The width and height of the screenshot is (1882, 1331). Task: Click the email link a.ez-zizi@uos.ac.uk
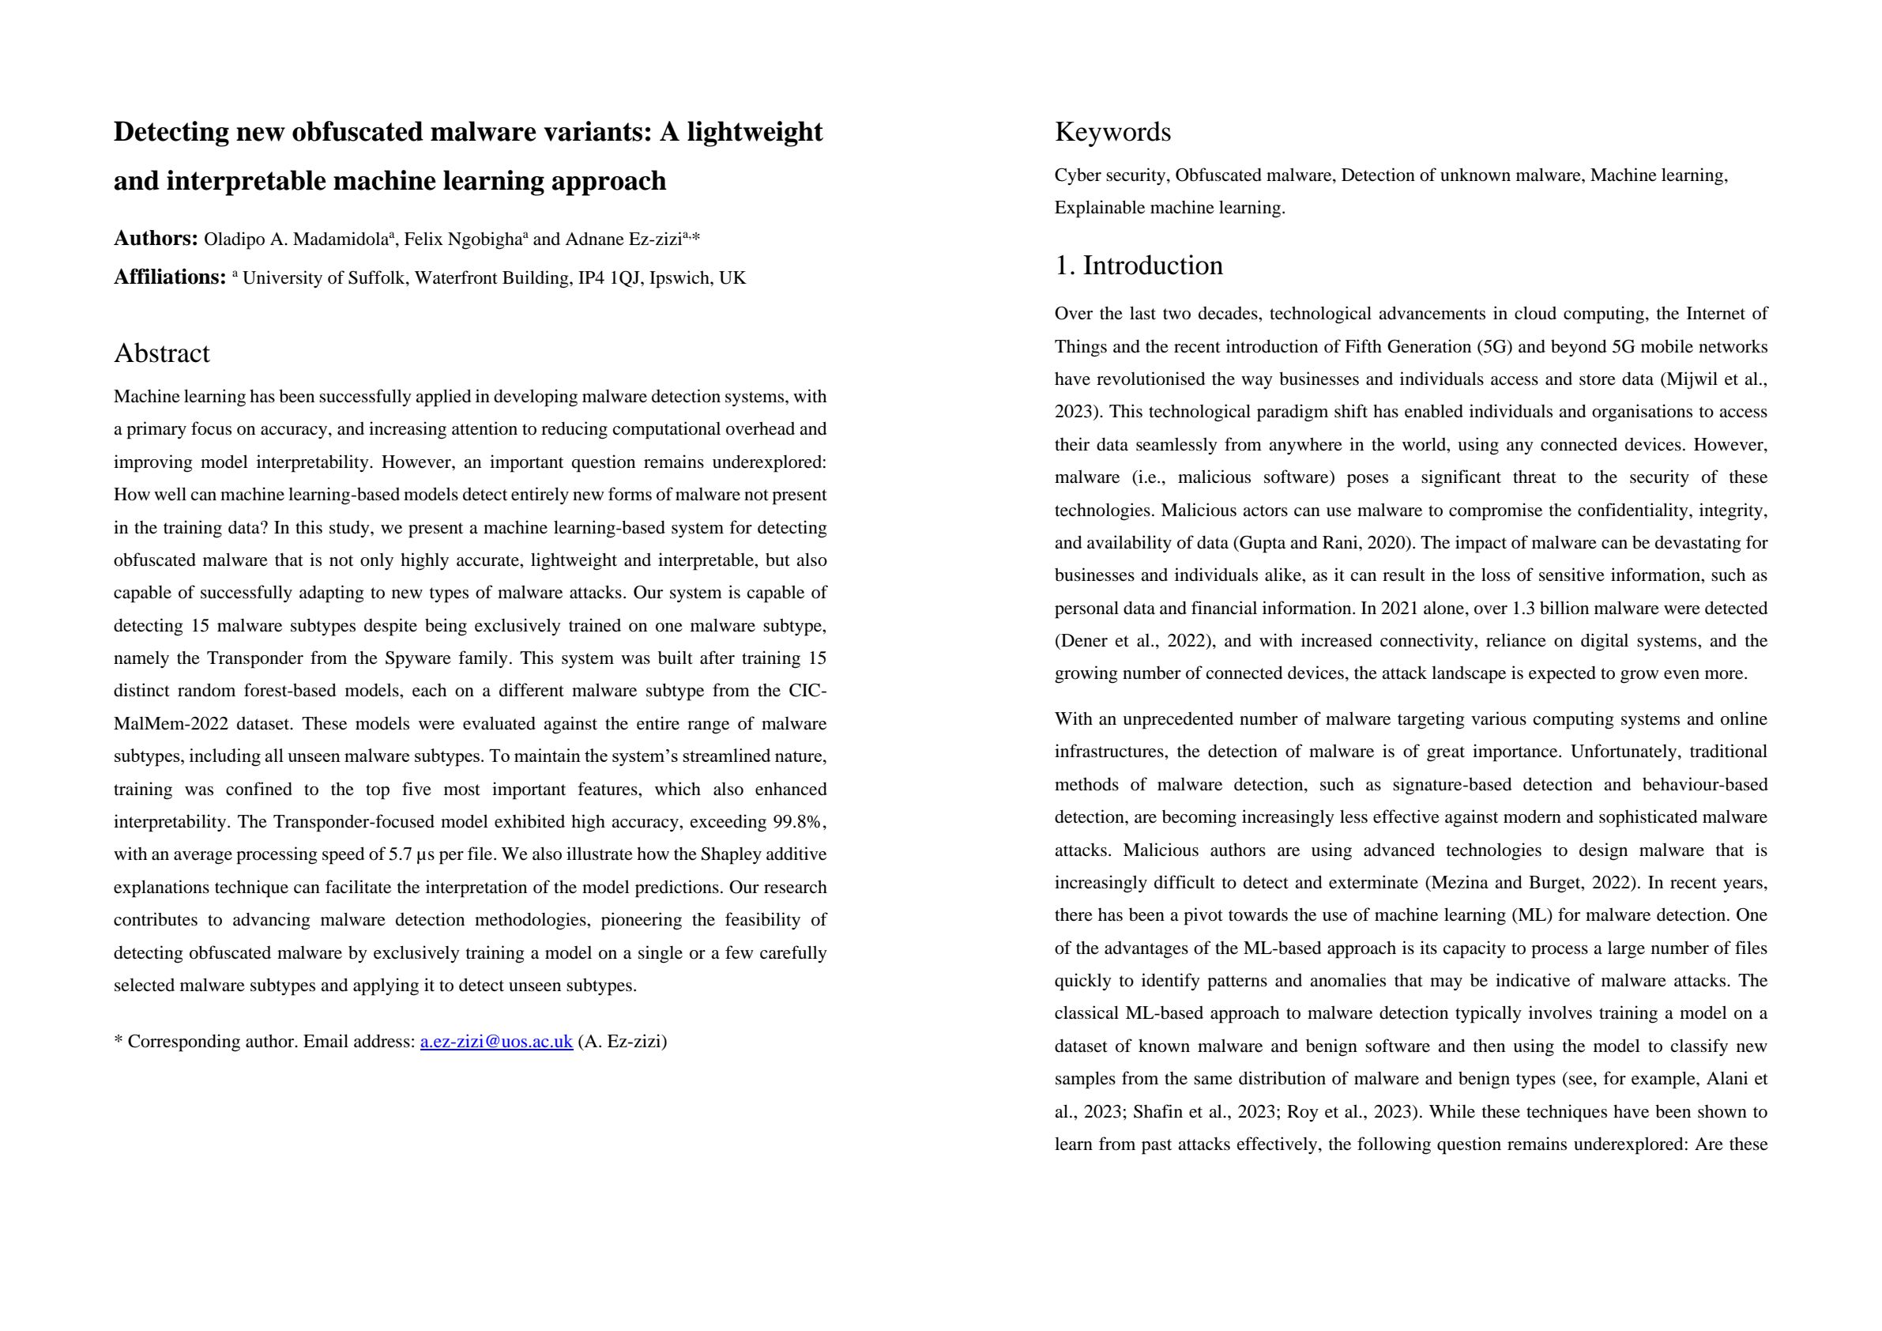coord(496,1042)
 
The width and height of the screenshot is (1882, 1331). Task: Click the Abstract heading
coord(161,353)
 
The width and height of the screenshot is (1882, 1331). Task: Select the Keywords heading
coord(1112,132)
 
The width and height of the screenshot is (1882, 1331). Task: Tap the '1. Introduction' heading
coord(1139,266)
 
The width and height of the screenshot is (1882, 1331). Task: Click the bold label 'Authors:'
coord(156,239)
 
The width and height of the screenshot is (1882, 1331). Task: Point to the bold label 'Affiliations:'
coord(170,277)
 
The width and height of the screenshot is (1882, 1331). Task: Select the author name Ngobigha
coord(484,239)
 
